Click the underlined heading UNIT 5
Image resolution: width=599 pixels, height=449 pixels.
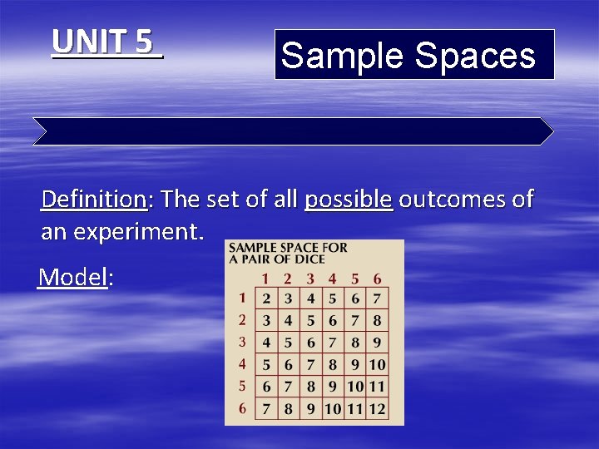pos(106,42)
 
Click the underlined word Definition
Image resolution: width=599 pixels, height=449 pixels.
pos(94,200)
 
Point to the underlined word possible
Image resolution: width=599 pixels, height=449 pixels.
pos(348,200)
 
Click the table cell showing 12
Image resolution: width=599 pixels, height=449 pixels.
pos(377,407)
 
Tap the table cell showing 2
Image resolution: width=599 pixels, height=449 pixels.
pos(265,298)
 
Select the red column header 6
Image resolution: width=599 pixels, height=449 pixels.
pos(377,279)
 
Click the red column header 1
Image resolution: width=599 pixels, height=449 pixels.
pos(265,279)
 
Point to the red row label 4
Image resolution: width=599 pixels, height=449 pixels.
pos(242,363)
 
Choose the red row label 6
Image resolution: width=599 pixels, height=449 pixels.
pos(242,407)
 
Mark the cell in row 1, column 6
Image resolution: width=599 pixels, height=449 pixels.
pos(377,298)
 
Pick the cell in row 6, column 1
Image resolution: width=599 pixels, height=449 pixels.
pos(265,407)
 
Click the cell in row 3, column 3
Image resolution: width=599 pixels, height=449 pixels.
pos(310,342)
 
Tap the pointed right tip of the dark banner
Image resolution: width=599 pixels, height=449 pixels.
pos(552,131)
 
